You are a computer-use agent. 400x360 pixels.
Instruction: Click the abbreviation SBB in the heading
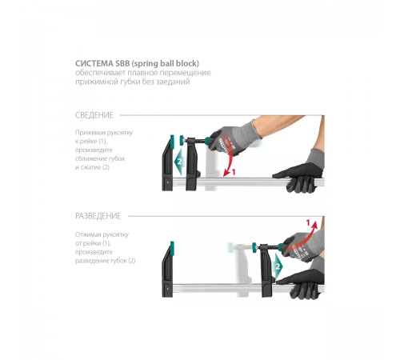click(122, 63)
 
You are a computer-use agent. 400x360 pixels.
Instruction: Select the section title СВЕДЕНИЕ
click(94, 115)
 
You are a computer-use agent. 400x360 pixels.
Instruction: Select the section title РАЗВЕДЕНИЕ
click(98, 216)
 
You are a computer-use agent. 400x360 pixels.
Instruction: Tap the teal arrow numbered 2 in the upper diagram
click(178, 162)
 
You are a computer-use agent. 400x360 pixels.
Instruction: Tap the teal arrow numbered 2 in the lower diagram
click(278, 266)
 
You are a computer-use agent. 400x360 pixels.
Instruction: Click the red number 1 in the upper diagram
click(234, 172)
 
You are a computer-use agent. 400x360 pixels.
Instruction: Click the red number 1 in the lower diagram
click(308, 222)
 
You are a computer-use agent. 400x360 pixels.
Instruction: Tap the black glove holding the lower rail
click(302, 283)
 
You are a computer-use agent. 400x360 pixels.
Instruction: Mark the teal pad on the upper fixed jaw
click(172, 141)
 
